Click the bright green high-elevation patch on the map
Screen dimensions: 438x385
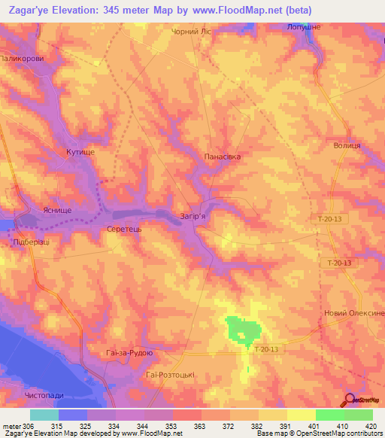[243, 330]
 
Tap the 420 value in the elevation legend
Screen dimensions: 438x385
[373, 425]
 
